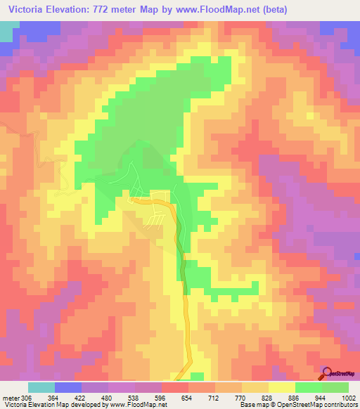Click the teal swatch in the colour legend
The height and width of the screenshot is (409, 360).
tap(41, 387)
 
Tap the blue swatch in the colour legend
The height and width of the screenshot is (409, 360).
tap(68, 387)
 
